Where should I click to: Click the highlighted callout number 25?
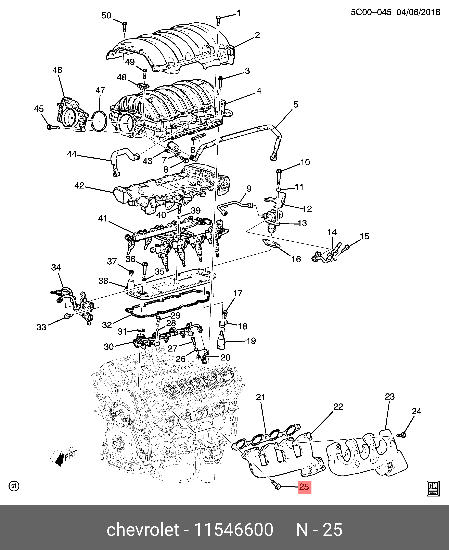pyautogui.click(x=304, y=487)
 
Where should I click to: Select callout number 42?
pyautogui.click(x=79, y=185)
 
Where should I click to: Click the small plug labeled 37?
pyautogui.click(x=131, y=272)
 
